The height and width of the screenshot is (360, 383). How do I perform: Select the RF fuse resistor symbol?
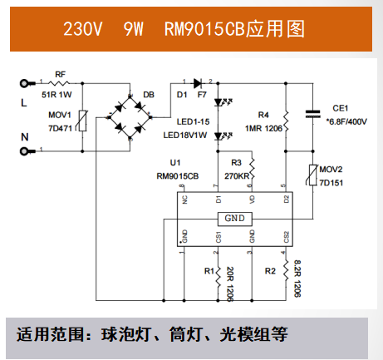[61, 83]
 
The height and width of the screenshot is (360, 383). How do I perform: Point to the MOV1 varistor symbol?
[82, 123]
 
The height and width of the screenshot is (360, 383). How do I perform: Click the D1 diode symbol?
[196, 83]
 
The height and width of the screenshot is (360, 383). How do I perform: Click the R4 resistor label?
[263, 115]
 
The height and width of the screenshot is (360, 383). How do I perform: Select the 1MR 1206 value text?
[262, 127]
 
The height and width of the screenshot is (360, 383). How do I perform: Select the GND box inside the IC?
[233, 219]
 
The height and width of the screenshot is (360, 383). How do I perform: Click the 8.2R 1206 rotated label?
[297, 278]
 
